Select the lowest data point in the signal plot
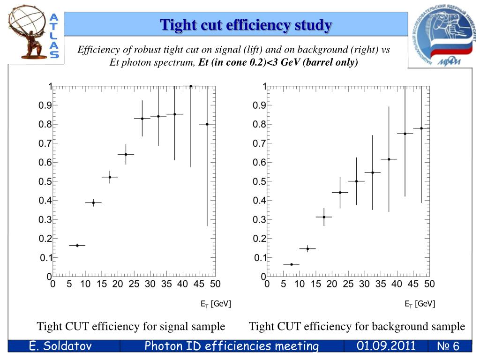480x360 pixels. click(x=77, y=245)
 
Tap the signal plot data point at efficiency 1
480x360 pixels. click(x=191, y=86)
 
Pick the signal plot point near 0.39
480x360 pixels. click(x=93, y=202)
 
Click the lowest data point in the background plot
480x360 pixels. click(x=292, y=264)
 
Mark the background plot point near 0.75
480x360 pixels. click(x=405, y=134)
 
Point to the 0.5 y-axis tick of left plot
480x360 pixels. click(x=45, y=181)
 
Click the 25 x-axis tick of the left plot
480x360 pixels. click(x=134, y=284)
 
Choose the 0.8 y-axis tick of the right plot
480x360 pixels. click(x=259, y=125)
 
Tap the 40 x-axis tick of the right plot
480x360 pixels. click(x=397, y=284)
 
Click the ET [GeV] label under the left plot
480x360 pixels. click(x=216, y=304)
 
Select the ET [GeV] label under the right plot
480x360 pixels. click(x=420, y=304)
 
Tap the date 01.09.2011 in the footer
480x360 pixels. click(x=386, y=346)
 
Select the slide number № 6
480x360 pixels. click(x=448, y=346)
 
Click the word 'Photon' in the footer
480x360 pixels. click(x=162, y=346)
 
